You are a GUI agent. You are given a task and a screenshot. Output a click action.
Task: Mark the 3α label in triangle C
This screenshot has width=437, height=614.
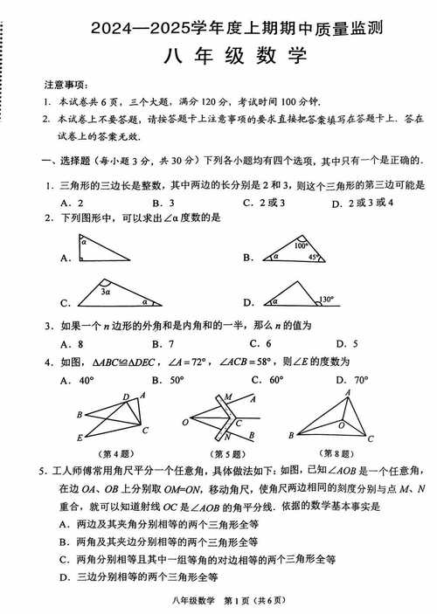pos(104,293)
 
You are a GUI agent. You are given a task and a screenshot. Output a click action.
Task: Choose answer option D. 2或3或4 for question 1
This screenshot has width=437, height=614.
pos(363,203)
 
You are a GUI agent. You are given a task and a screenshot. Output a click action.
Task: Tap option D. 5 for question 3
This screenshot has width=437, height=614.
pos(346,343)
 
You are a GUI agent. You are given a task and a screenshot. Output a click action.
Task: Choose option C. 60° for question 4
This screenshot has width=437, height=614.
pos(266,380)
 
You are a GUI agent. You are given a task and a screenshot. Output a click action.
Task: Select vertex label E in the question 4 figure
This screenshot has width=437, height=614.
pos(79,438)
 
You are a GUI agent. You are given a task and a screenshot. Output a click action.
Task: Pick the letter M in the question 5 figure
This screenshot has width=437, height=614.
pos(229,397)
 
